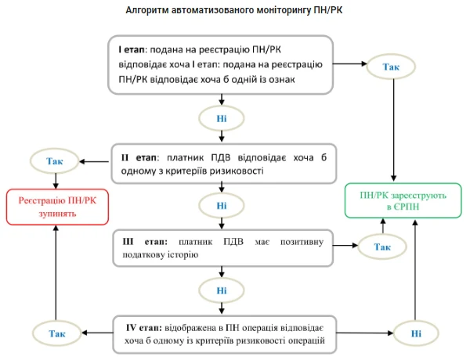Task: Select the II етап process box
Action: pyautogui.click(x=222, y=163)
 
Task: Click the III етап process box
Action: pyautogui.click(x=222, y=247)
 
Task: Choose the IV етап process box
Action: pyautogui.click(x=222, y=333)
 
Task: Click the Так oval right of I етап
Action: pyautogui.click(x=391, y=67)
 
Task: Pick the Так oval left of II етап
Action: pyautogui.click(x=54, y=161)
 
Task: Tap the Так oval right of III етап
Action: pyautogui.click(x=382, y=247)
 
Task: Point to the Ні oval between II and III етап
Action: pyautogui.click(x=222, y=206)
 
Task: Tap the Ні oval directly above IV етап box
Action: pyautogui.click(x=222, y=290)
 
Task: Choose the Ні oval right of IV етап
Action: pyautogui.click(x=415, y=333)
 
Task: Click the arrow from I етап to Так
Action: pyautogui.click(x=352, y=65)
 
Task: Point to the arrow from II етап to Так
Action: pyautogui.click(x=94, y=162)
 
